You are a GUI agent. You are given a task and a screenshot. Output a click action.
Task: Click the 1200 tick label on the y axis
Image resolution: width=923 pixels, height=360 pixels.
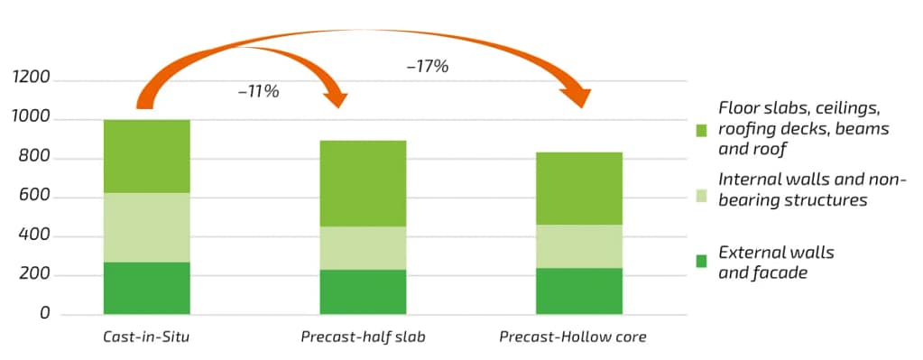[x=32, y=81]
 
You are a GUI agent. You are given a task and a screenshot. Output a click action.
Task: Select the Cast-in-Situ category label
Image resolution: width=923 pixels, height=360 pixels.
[x=146, y=337]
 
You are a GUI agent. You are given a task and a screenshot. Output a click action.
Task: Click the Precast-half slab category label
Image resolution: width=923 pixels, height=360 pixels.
[x=362, y=337]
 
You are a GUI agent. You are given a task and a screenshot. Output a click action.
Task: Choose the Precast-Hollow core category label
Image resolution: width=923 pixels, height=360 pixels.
[x=573, y=337]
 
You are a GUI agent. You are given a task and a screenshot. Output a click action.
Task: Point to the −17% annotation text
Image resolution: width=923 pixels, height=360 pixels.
[x=428, y=66]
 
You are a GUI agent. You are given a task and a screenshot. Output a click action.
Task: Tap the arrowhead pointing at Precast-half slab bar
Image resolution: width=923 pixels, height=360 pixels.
[x=336, y=96]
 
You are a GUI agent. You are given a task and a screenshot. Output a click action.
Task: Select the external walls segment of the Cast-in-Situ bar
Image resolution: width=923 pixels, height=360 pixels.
[x=146, y=288]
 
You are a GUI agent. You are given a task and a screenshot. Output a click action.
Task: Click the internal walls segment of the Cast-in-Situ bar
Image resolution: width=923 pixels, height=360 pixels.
[x=146, y=227]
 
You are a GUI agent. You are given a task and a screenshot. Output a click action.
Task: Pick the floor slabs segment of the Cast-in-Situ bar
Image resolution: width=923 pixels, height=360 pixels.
[x=146, y=156]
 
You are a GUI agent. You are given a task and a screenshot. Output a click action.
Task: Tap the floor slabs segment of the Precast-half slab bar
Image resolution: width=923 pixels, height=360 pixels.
[x=362, y=183]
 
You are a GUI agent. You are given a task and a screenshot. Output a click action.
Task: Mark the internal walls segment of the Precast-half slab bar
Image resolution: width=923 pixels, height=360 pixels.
[x=362, y=247]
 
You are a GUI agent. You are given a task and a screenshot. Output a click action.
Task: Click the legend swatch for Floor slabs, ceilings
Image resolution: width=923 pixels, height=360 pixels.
[x=701, y=130]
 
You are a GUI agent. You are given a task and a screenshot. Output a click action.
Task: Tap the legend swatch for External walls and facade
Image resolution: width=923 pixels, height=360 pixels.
[x=701, y=262]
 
